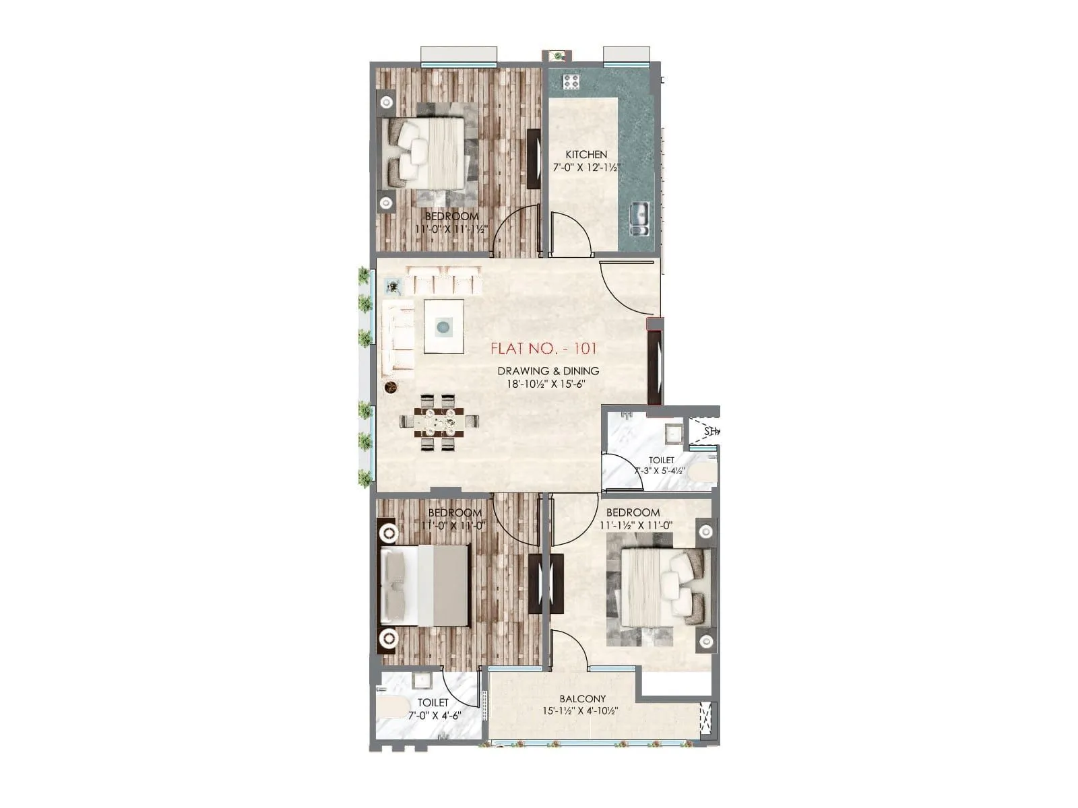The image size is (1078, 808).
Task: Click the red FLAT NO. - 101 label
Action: (543, 349)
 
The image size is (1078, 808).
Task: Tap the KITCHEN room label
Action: (585, 155)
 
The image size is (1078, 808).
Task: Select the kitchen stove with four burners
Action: (571, 81)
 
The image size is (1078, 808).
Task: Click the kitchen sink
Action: (639, 219)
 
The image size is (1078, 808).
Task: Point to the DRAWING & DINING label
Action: (548, 371)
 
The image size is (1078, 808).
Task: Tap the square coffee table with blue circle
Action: (443, 327)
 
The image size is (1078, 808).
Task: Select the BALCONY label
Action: (583, 699)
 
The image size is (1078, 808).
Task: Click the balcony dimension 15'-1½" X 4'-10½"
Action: (580, 711)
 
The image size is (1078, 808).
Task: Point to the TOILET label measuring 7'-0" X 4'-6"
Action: (433, 702)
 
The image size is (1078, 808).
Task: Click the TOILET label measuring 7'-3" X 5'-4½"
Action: (661, 460)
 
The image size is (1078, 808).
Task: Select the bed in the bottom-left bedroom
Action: (424, 585)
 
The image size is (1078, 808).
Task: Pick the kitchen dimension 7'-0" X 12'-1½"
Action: (585, 167)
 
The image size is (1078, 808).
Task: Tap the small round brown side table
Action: (390, 387)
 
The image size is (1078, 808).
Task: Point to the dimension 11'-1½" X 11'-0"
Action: (636, 525)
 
